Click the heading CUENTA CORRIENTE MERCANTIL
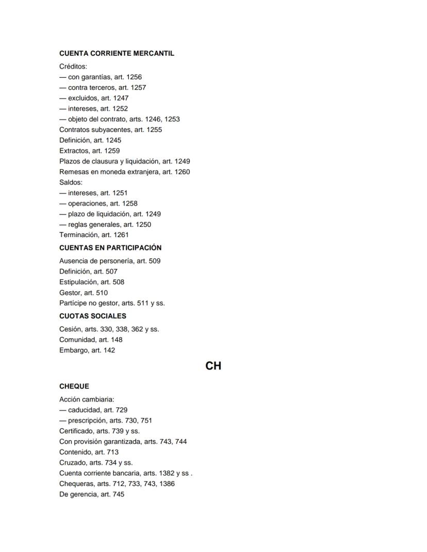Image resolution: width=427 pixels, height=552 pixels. (x=117, y=54)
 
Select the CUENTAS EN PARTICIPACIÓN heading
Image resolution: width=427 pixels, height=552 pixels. (x=110, y=248)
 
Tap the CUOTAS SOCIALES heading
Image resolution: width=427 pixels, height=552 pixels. (x=93, y=316)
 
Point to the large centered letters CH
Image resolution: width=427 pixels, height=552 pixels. (x=213, y=366)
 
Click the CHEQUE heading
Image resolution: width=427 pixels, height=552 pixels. (x=74, y=387)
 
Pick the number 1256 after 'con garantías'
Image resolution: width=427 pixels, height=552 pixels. (x=134, y=77)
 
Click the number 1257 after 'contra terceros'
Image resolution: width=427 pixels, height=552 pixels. (x=138, y=88)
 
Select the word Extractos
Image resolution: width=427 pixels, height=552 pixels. (x=74, y=151)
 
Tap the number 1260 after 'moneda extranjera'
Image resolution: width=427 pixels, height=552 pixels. (x=182, y=172)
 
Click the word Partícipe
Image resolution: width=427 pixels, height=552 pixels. (x=73, y=303)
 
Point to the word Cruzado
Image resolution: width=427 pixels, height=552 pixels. (x=73, y=463)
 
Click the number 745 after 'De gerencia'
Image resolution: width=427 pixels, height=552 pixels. (x=119, y=494)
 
